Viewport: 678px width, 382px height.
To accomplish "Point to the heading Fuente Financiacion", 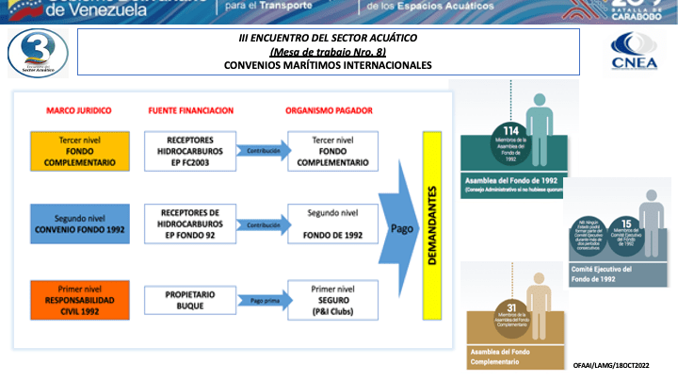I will click(x=190, y=110).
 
